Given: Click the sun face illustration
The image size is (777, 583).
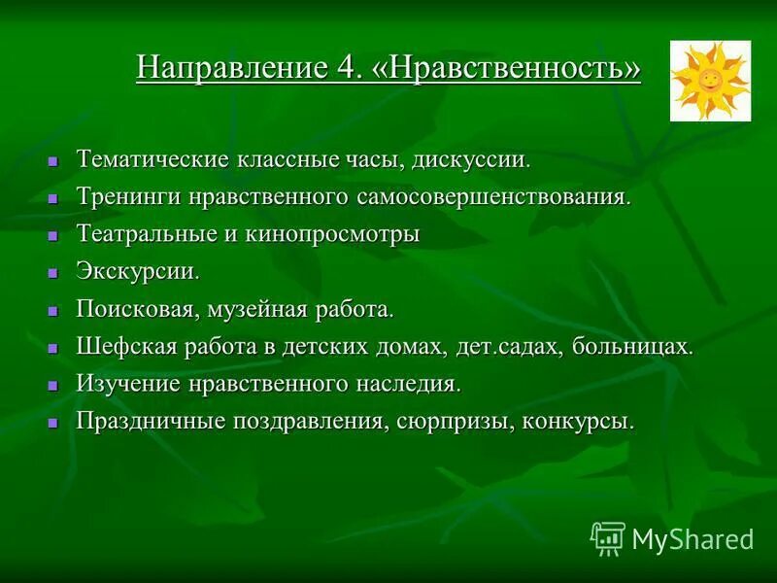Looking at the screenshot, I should (x=710, y=81).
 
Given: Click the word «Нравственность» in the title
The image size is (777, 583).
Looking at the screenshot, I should (x=507, y=69).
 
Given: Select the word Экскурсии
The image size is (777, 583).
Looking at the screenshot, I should (x=138, y=271).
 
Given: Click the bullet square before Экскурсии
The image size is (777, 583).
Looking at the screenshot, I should (x=55, y=273).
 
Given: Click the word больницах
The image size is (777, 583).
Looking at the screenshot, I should (x=632, y=346).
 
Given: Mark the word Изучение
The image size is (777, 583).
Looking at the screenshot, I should (x=127, y=383).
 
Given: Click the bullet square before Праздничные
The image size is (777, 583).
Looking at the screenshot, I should (x=55, y=423).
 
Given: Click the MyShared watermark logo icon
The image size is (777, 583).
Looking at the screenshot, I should (x=608, y=537).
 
